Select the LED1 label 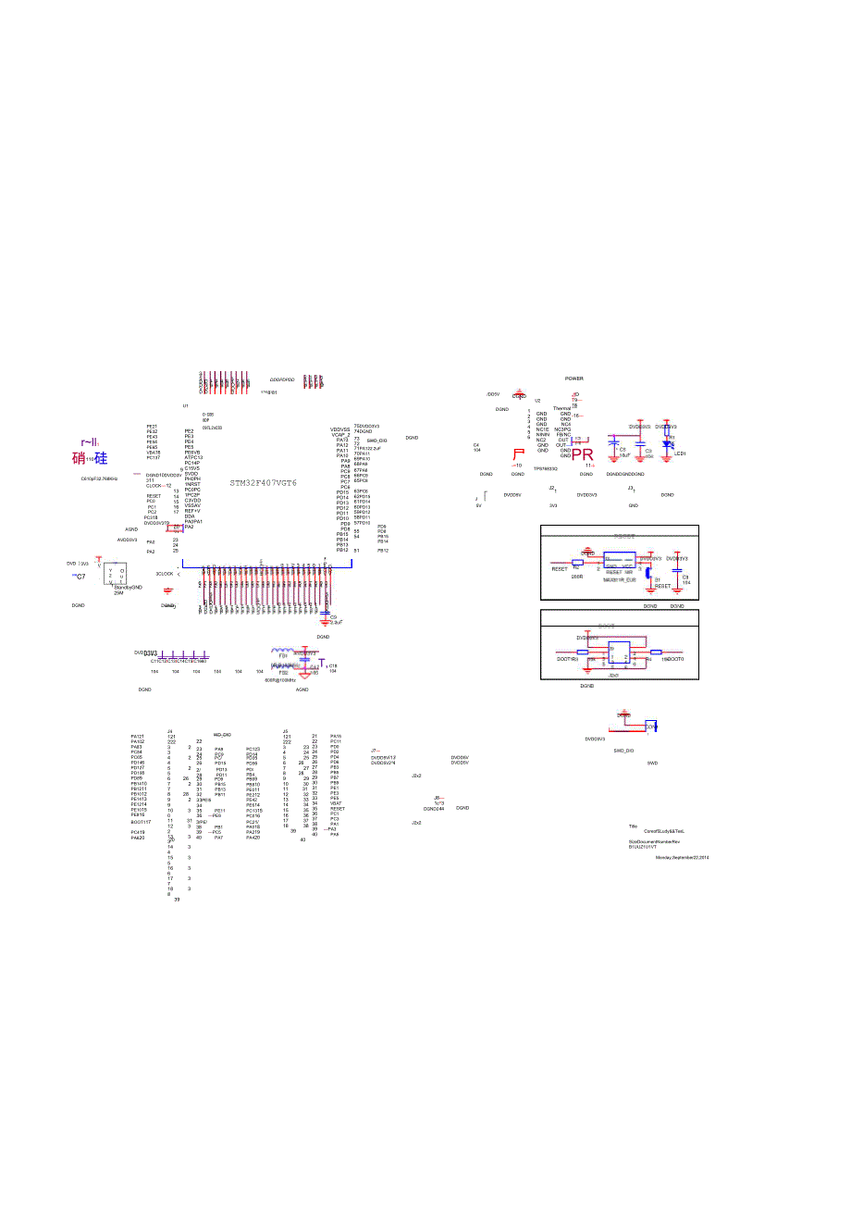[679, 453]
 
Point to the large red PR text [583, 454]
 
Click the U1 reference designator [185, 405]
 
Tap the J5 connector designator [285, 730]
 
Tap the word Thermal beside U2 [562, 408]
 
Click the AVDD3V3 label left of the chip [127, 540]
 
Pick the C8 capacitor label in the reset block [685, 577]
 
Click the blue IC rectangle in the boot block [619, 653]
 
